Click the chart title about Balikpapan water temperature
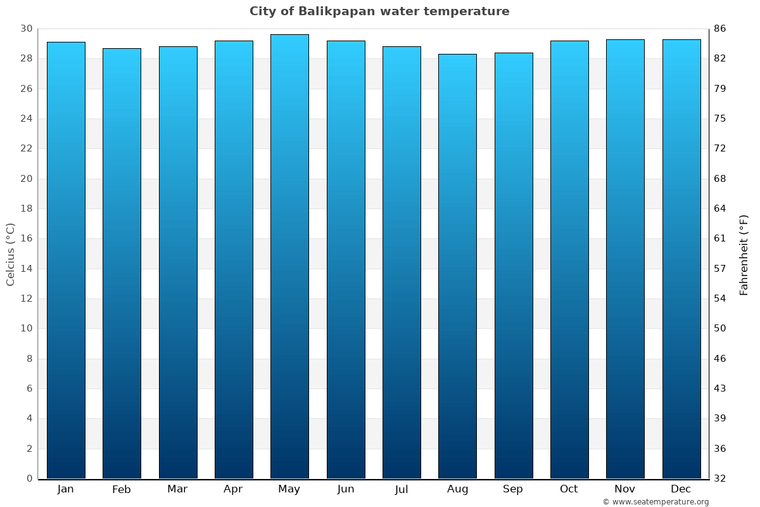click(x=379, y=11)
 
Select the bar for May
click(x=289, y=257)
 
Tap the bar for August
click(x=457, y=266)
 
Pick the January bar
click(x=66, y=260)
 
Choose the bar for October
click(x=569, y=260)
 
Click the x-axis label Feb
click(x=122, y=489)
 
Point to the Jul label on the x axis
click(x=402, y=489)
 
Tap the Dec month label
click(x=681, y=489)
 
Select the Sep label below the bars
click(x=513, y=489)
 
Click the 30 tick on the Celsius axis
click(x=26, y=29)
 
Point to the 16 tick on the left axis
click(x=26, y=238)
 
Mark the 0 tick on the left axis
click(x=29, y=478)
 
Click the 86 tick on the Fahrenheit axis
click(x=720, y=29)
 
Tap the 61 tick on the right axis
click(x=720, y=238)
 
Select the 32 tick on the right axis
click(x=720, y=478)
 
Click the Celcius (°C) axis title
click(x=10, y=254)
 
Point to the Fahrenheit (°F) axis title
click(x=744, y=254)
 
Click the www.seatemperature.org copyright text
click(x=655, y=502)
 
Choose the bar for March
click(x=178, y=262)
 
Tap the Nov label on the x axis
click(x=625, y=489)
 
